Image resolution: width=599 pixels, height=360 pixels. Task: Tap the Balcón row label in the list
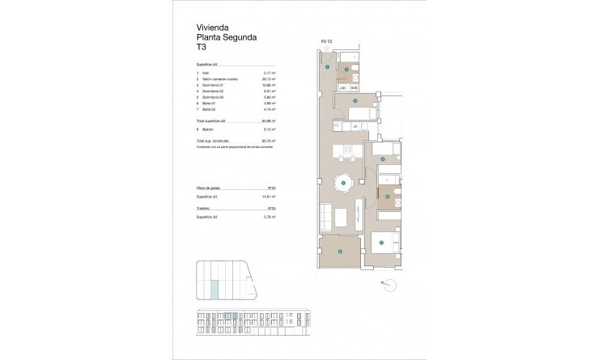pos(210,127)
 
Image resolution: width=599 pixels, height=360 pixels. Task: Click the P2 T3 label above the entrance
pos(328,40)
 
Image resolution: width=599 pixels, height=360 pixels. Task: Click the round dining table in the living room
pos(344,184)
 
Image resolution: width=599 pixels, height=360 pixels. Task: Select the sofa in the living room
pos(325,216)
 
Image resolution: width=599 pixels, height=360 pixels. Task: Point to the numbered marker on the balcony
pos(340,252)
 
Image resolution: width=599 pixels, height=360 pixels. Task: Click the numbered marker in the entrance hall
pos(327,67)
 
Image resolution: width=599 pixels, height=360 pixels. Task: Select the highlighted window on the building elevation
pos(230,316)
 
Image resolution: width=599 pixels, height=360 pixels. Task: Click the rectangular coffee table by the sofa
pos(342,217)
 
